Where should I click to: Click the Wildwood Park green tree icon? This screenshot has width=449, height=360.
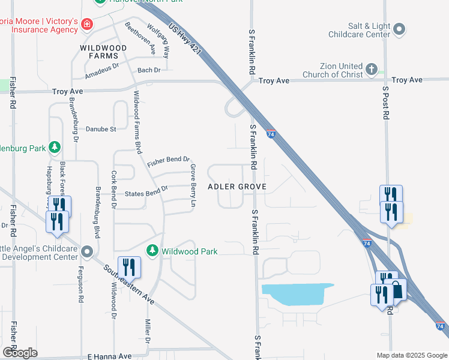pyautogui.click(x=153, y=250)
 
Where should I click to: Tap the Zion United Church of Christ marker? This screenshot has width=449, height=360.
pyautogui.click(x=372, y=70)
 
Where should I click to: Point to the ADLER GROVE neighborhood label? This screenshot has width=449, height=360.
pyautogui.click(x=237, y=187)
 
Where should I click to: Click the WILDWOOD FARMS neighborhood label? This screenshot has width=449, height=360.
pyautogui.click(x=104, y=52)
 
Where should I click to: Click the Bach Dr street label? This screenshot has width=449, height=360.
pyautogui.click(x=149, y=70)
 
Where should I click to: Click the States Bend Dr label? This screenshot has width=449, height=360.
pyautogui.click(x=146, y=192)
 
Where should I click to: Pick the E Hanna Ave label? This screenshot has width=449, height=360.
pyautogui.click(x=109, y=356)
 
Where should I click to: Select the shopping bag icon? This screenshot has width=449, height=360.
pyautogui.click(x=397, y=290)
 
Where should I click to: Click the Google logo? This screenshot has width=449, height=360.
pyautogui.click(x=20, y=353)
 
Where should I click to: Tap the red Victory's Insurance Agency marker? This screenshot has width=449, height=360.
pyautogui.click(x=88, y=25)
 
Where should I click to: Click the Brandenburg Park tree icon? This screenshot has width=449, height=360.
pyautogui.click(x=55, y=146)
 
